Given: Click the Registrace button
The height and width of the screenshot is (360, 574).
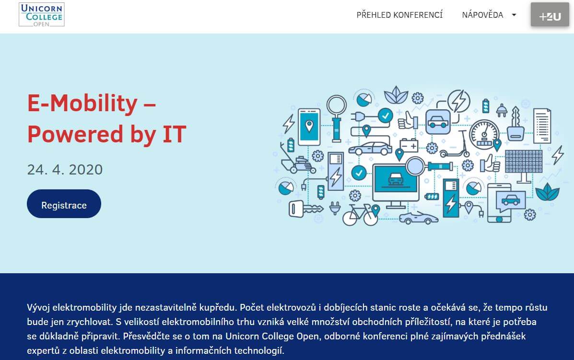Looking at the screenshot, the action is (64, 204).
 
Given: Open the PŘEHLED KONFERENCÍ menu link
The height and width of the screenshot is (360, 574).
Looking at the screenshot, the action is (399, 15).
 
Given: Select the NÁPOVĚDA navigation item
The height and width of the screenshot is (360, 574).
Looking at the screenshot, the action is (482, 15).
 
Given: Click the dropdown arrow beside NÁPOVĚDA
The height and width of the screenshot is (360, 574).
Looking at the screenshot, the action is (514, 15).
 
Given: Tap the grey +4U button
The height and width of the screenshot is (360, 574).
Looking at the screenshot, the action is (550, 15).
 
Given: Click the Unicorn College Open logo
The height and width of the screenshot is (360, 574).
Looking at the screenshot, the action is (42, 15).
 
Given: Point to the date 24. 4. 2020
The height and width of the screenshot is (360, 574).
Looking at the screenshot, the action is (65, 169).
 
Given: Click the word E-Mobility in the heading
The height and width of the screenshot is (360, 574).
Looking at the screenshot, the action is (82, 103).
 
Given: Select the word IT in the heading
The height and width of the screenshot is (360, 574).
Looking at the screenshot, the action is (174, 134).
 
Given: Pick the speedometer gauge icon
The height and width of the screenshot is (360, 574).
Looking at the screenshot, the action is (484, 133).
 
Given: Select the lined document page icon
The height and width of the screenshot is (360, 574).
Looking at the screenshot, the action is (542, 126).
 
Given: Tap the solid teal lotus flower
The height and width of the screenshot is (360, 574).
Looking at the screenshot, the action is (547, 192).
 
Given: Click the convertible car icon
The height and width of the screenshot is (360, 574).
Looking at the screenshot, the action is (419, 217).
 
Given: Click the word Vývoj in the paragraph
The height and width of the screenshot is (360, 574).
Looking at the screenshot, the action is (38, 308).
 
